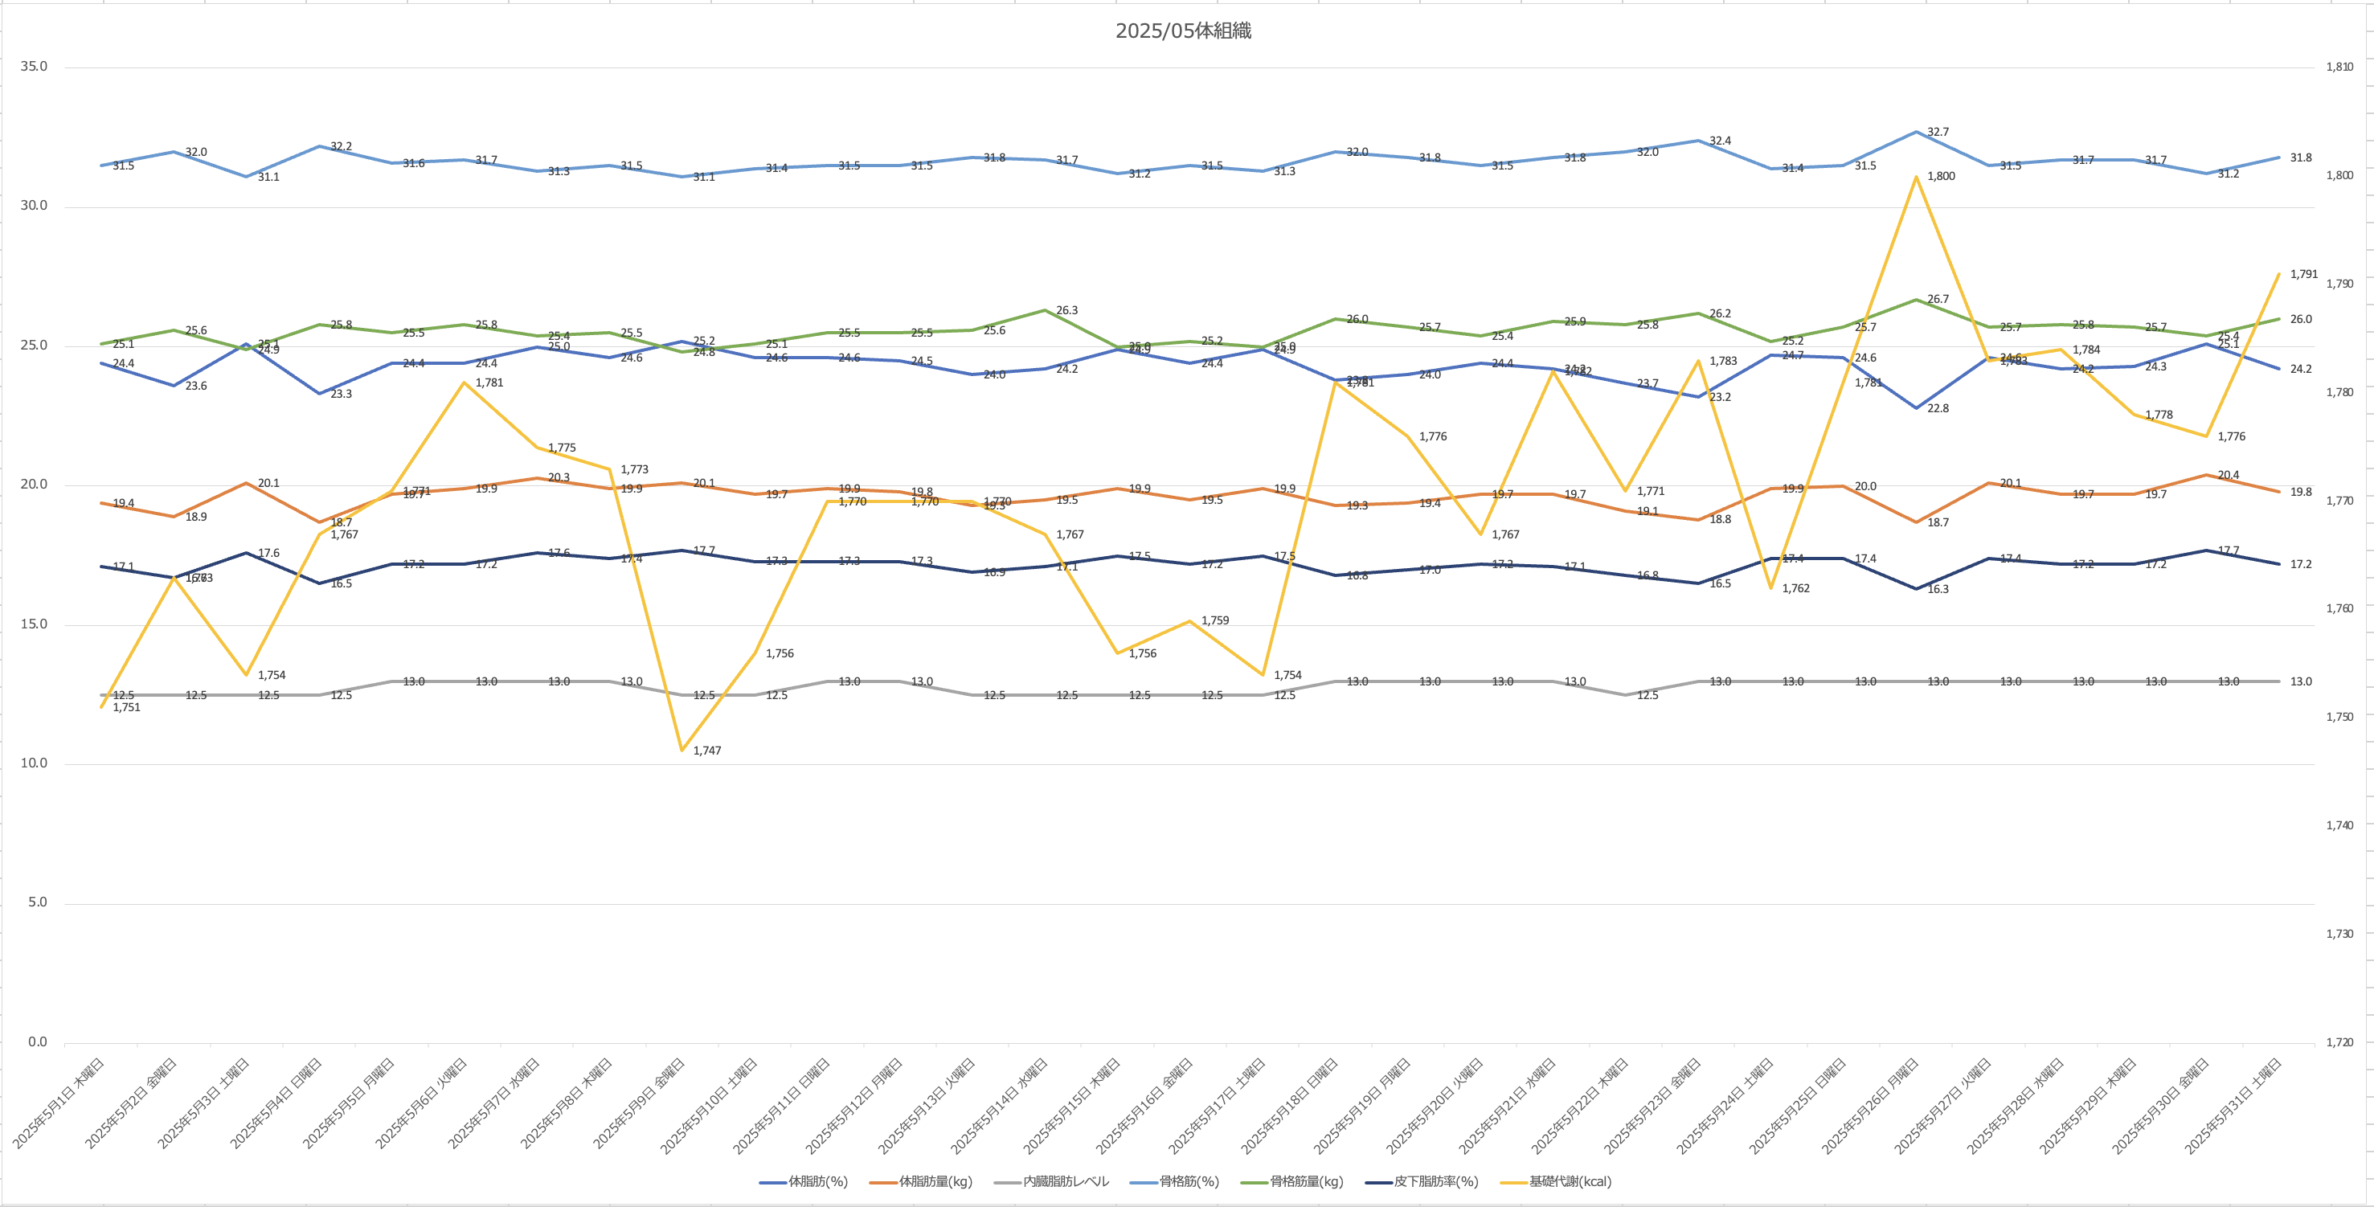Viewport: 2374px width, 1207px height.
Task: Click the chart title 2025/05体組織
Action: [1183, 31]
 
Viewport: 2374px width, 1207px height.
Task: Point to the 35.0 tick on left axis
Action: [33, 68]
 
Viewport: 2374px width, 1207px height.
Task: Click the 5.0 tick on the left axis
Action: [37, 902]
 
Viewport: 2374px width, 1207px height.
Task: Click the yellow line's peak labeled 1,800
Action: [1916, 176]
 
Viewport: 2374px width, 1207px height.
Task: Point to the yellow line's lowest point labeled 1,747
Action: [682, 750]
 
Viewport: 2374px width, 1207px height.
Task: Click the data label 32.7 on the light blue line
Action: [1938, 132]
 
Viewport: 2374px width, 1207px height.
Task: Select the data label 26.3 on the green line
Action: [1066, 310]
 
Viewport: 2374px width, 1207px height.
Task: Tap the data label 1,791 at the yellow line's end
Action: [2303, 274]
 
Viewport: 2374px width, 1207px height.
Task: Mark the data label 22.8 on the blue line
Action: [1938, 408]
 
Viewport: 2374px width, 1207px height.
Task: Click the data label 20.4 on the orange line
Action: [2229, 476]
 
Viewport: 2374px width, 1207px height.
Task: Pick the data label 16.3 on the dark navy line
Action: [1938, 589]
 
